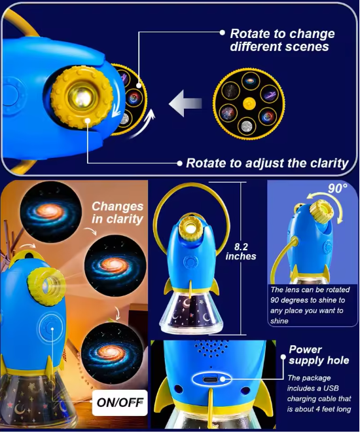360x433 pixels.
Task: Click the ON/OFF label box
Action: tap(120, 403)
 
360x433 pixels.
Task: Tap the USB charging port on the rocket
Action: tap(211, 379)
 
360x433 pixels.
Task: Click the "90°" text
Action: tap(337, 189)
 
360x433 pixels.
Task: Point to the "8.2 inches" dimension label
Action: tap(241, 252)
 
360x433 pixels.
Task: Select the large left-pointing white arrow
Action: tap(185, 104)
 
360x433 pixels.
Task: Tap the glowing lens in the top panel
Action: tap(82, 97)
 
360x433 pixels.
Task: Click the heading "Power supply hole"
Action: tap(319, 355)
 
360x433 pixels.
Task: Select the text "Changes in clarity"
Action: tap(118, 213)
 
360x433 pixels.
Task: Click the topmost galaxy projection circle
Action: tap(51, 212)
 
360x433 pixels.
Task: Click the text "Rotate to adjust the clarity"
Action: tap(267, 163)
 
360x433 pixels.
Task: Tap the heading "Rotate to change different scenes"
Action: tap(282, 40)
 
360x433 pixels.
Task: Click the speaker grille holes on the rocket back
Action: tap(211, 348)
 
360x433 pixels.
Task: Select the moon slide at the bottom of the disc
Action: tap(247, 126)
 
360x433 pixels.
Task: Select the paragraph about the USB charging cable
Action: tap(319, 394)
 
